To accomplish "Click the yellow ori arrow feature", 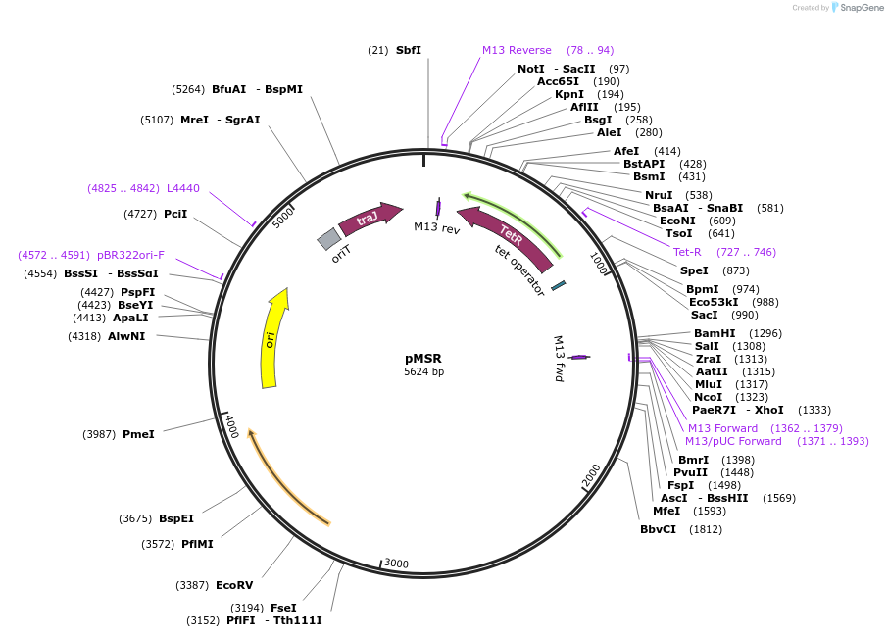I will coord(273,338).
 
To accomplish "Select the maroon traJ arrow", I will coord(370,219).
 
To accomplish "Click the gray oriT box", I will coord(329,238).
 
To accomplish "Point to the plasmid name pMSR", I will coord(423,358).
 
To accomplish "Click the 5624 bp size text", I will coord(423,372).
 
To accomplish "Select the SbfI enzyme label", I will coord(409,50).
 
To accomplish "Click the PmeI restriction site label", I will coord(138,434).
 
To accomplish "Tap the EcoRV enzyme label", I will coord(234,585).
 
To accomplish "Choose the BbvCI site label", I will coord(658,529).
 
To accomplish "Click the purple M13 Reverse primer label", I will coord(517,50).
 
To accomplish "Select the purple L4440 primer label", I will coord(183,188).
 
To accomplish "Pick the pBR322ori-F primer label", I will coord(130,255).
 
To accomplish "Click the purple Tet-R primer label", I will coord(693,252).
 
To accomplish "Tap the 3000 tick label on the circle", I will coord(396,563).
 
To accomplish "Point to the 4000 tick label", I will coord(231,428).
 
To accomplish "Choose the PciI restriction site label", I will coord(175,214).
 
